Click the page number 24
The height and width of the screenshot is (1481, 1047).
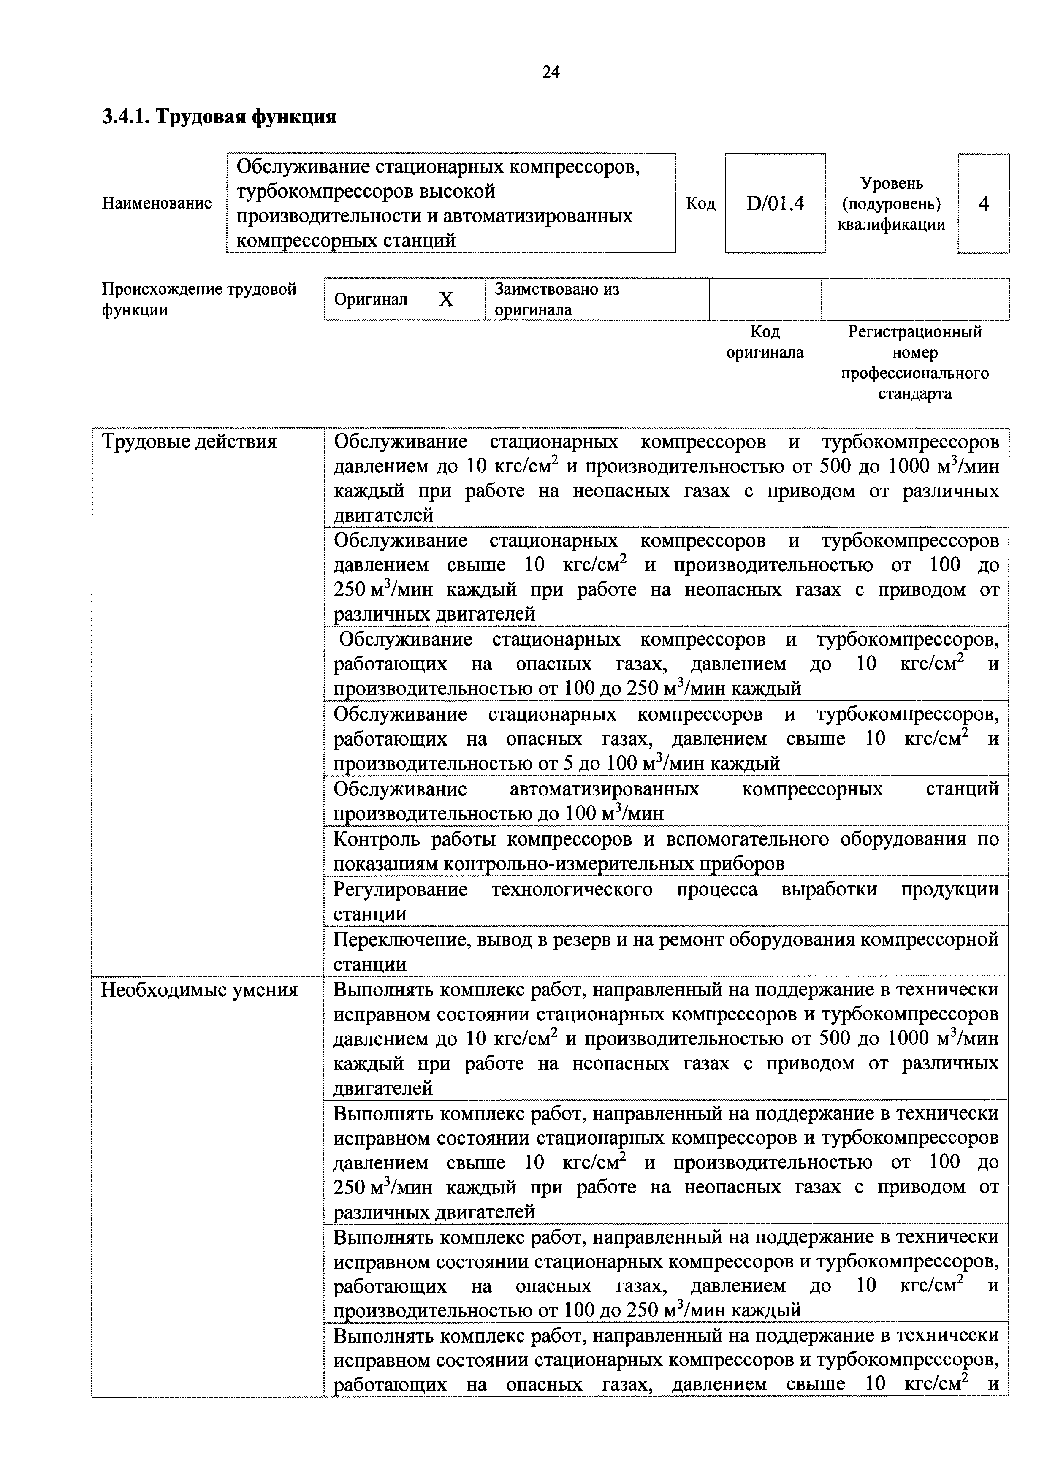pos(551,72)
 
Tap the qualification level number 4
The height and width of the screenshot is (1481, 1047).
pos(983,204)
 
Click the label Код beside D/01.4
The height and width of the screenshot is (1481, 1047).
pos(700,204)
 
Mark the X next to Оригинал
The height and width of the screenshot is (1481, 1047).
pos(446,299)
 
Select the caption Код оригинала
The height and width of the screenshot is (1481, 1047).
pos(765,342)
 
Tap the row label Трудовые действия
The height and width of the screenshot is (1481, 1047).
pos(189,442)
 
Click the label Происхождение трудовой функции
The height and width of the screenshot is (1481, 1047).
pos(199,299)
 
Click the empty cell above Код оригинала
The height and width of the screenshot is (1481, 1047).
pos(765,299)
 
